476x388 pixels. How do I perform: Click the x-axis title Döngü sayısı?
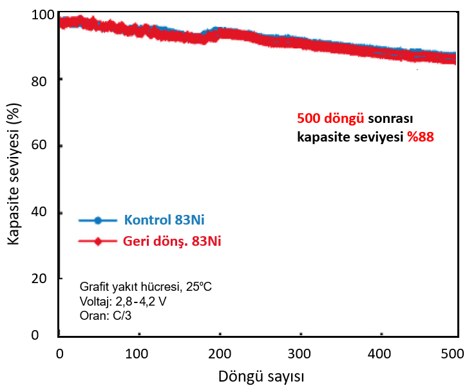[x=261, y=375]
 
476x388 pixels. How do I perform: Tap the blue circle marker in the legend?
[x=98, y=220]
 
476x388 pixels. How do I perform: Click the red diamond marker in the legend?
[x=98, y=242]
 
